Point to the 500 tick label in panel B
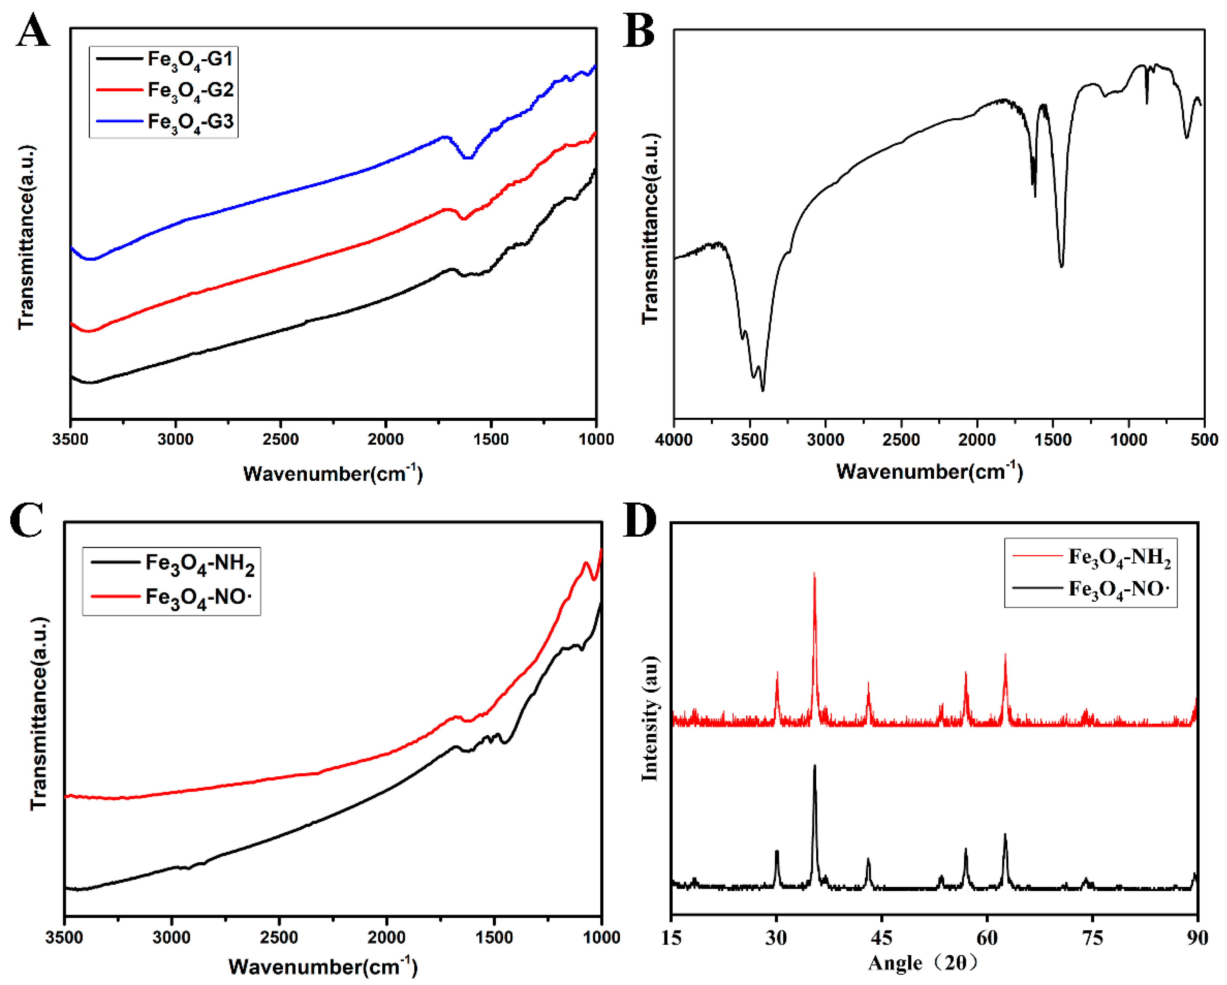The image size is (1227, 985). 1204,440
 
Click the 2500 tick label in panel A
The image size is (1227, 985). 280,440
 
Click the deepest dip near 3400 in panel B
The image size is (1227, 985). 762,390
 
